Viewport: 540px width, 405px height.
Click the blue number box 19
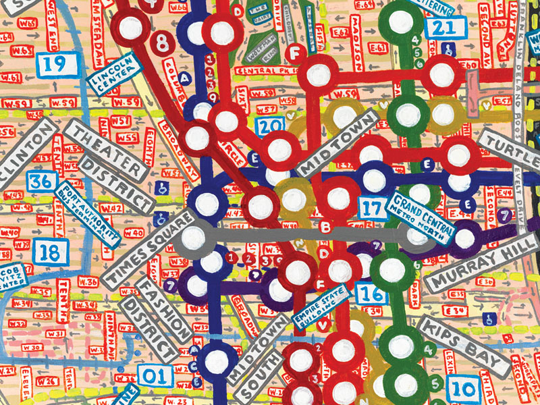tap(56, 65)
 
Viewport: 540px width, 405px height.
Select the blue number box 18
tap(49, 252)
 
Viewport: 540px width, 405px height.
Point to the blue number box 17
tap(372, 207)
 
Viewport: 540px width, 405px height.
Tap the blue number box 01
tap(155, 376)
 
